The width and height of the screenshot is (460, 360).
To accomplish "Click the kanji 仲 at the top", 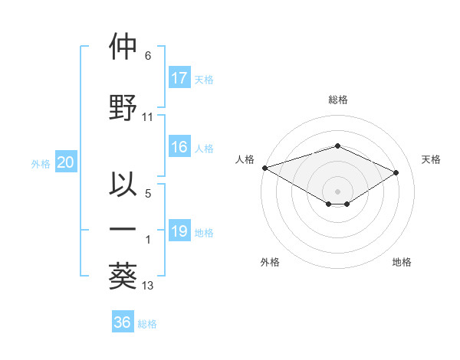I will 123,47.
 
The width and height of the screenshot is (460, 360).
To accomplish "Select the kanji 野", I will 123,107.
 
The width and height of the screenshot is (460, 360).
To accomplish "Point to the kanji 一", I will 123,229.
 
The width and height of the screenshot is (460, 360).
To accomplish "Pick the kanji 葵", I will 123,275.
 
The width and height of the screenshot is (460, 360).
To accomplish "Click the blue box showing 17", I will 179,78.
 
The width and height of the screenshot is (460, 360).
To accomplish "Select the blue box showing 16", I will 179,148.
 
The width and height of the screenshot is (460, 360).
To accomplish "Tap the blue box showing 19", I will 179,231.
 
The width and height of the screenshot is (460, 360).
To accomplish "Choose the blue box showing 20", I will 66,162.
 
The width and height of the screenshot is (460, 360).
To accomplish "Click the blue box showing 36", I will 123,322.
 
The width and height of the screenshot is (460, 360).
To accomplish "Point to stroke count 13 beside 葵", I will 148,286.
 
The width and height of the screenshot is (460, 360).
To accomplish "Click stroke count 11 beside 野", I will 148,117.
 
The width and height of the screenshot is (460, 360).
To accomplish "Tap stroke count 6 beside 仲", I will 147,56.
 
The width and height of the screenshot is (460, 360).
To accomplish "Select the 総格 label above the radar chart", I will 337,100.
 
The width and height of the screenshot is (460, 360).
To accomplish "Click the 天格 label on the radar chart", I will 431,159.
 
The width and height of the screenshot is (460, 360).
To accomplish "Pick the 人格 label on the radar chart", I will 245,159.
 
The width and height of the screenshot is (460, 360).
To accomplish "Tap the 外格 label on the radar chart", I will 270,263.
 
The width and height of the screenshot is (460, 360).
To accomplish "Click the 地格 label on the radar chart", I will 402,263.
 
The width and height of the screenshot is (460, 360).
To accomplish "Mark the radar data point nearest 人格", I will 264,167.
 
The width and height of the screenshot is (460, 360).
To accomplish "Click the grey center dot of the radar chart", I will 337,191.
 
